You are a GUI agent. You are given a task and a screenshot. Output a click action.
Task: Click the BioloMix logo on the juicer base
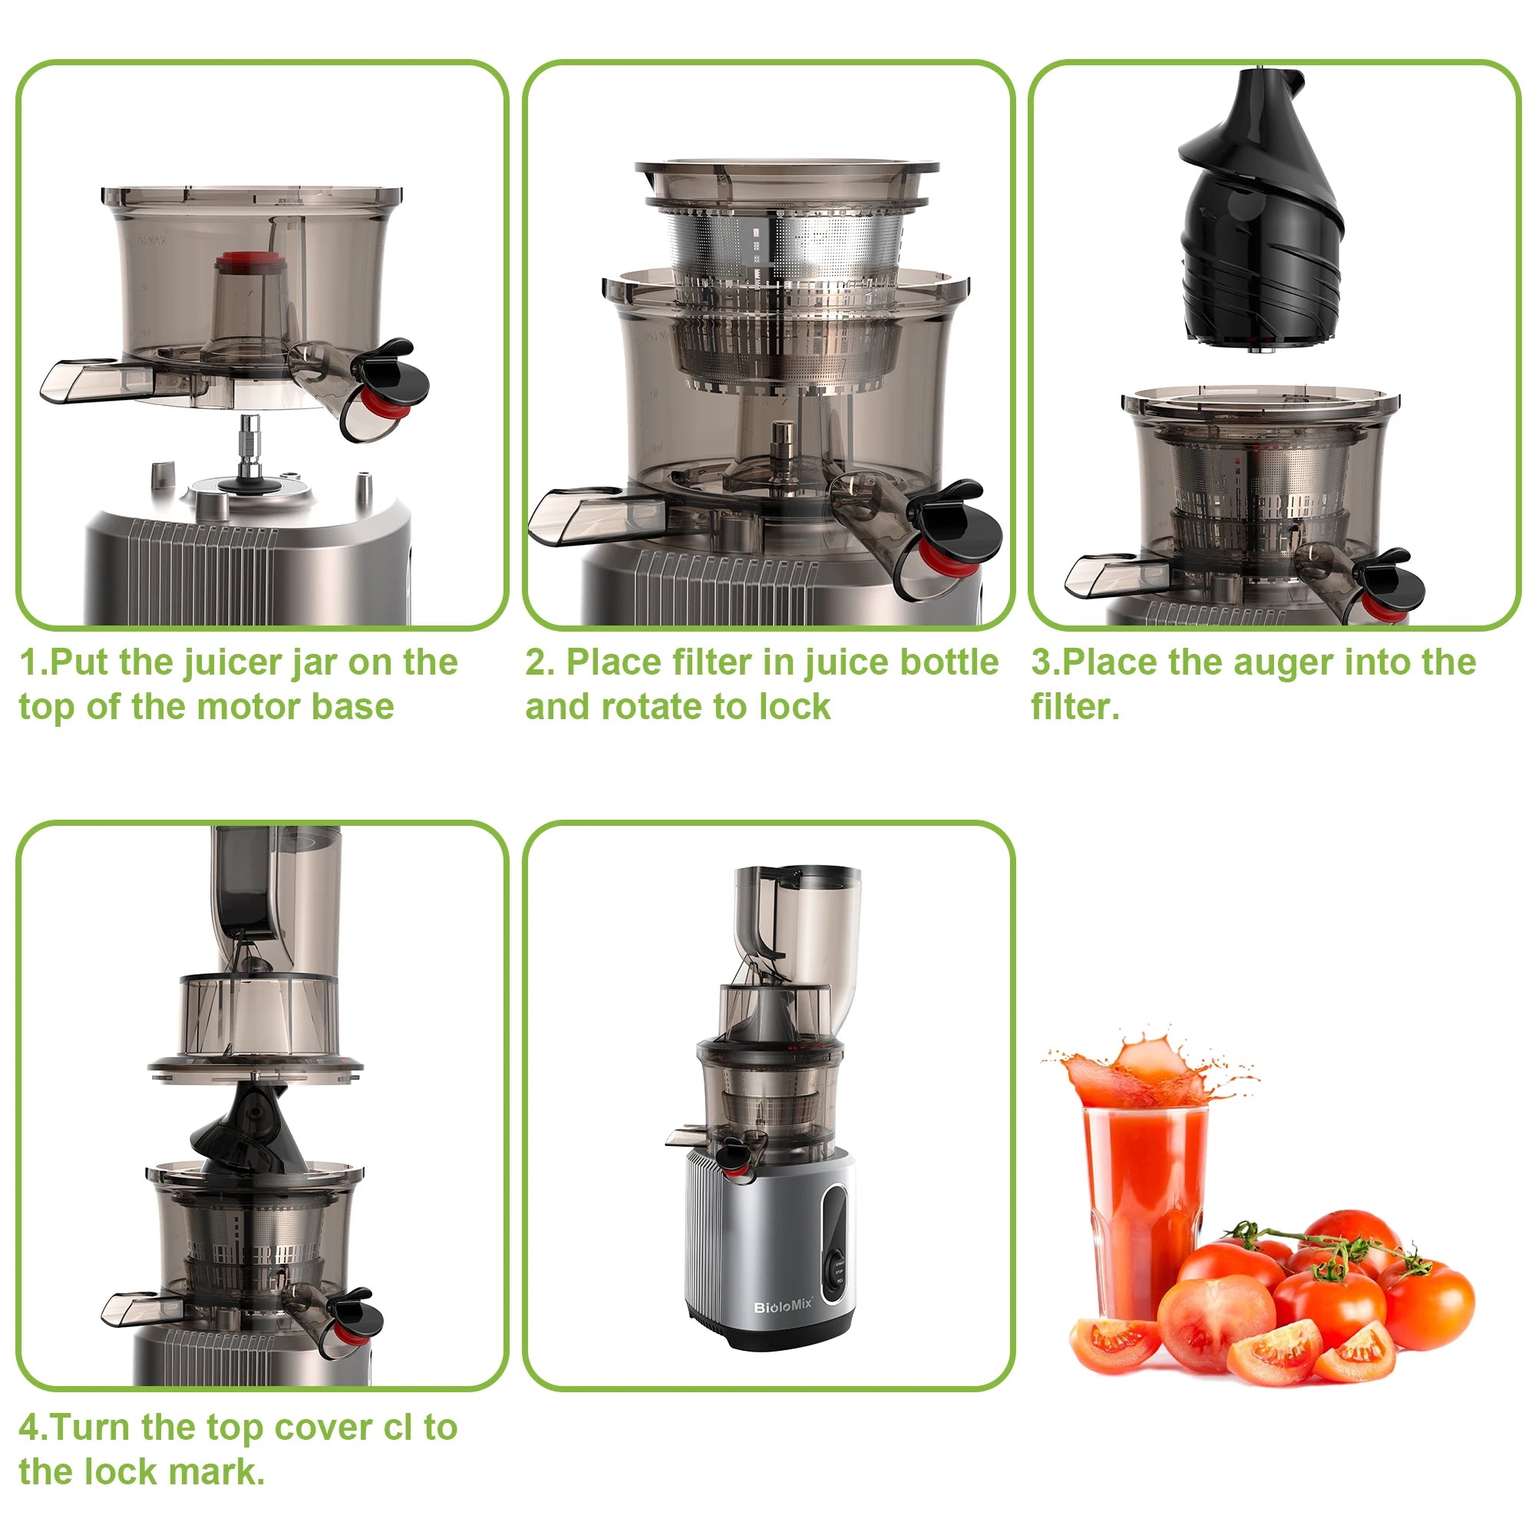point(783,1307)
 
